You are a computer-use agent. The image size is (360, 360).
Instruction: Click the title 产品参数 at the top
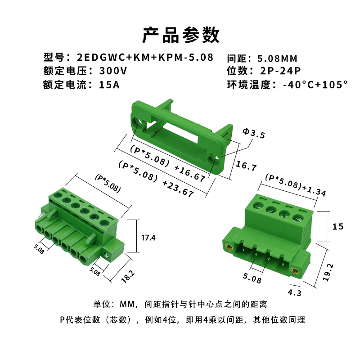click(180, 35)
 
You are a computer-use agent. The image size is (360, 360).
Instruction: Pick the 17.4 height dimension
click(148, 238)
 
